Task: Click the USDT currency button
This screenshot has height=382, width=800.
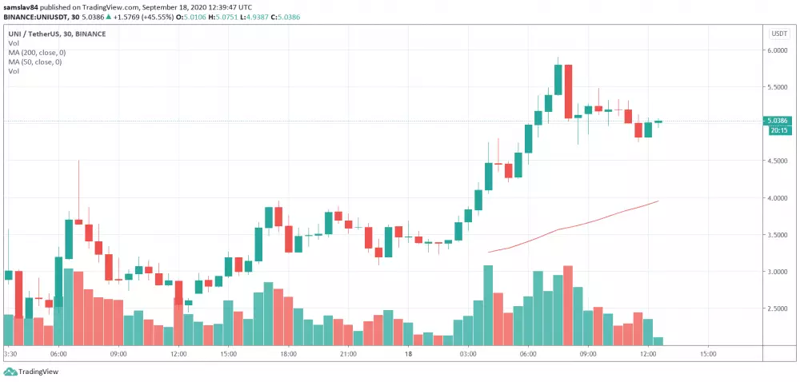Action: [778, 34]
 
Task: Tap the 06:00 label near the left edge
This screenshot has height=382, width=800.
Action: [58, 353]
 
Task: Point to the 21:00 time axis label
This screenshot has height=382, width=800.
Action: [348, 353]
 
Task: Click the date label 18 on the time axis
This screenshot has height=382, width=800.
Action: [408, 353]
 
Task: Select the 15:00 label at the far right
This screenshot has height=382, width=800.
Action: [708, 353]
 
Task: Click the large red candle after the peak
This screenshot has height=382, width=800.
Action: [568, 91]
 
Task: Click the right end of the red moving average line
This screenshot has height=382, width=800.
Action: [658, 201]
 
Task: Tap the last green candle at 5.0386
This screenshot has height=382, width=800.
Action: [658, 121]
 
